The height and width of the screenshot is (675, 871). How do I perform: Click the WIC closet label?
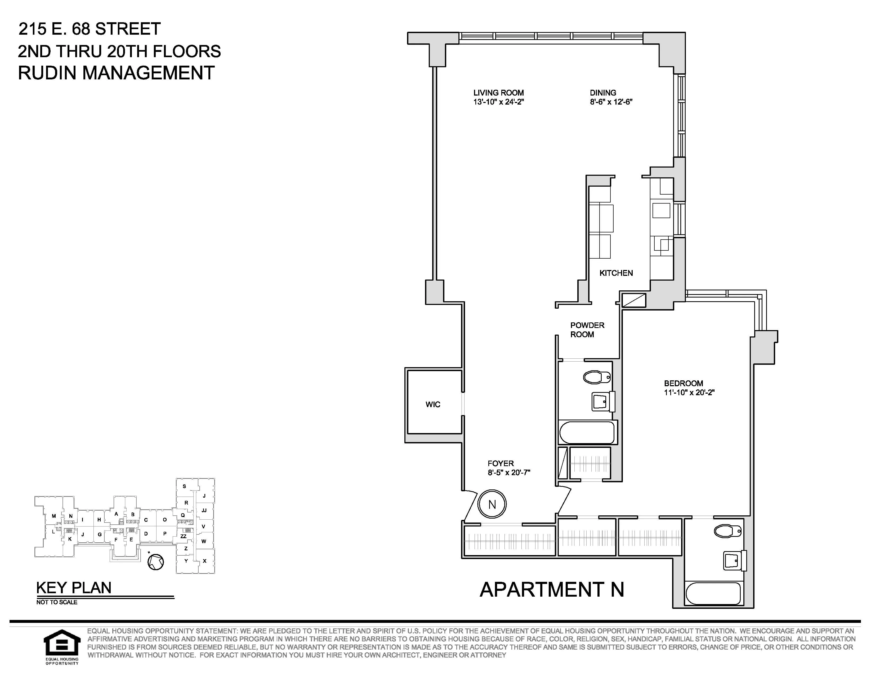(433, 404)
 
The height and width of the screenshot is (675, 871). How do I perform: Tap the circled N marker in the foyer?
(492, 504)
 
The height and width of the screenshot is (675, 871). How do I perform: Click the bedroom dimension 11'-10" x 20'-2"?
(689, 392)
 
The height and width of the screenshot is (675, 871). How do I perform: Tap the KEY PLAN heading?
(74, 588)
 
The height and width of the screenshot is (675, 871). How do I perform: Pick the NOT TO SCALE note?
(57, 602)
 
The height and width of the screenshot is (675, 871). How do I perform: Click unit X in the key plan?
(205, 561)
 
